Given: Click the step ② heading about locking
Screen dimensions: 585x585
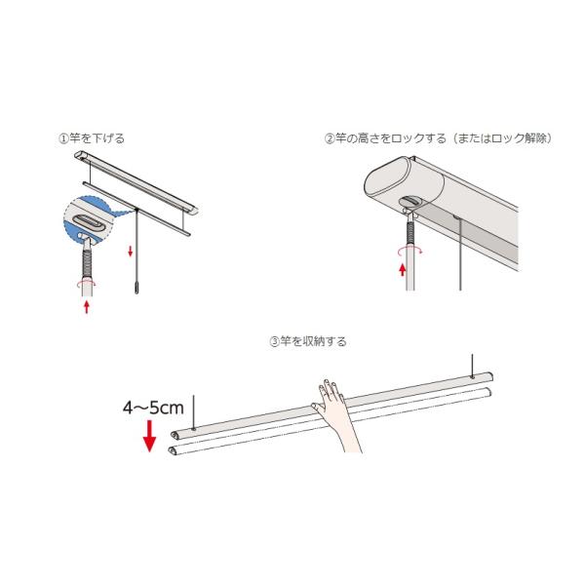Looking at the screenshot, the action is point(439,138).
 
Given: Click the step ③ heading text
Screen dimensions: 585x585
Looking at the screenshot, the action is point(307,342).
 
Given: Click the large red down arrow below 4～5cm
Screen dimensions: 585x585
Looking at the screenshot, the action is point(149,437).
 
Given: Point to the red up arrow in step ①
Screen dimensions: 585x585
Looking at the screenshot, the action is point(88,307).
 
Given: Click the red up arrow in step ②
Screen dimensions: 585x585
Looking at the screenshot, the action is point(401,267).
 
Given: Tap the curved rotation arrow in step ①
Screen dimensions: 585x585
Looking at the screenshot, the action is point(86,285).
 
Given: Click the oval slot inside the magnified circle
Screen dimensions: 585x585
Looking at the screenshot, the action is point(85,225).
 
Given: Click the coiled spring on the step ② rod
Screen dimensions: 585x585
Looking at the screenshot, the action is point(411,231).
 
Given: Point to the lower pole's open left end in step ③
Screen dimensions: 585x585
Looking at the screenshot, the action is point(174,450).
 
